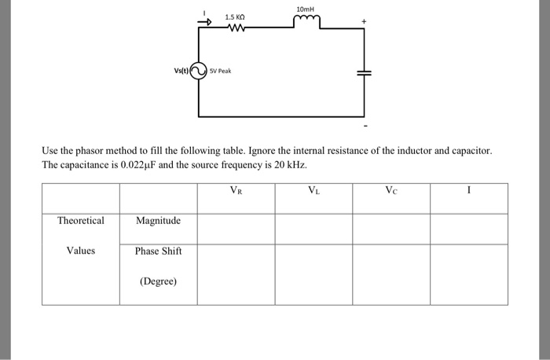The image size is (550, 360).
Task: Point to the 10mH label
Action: pyautogui.click(x=305, y=9)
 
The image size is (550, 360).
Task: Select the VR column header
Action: pyautogui.click(x=236, y=189)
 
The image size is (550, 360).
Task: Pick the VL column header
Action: pyautogui.click(x=313, y=189)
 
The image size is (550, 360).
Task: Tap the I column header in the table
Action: pyautogui.click(x=468, y=189)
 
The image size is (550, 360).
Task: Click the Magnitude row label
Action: pyautogui.click(x=158, y=221)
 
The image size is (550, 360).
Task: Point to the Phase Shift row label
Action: pyautogui.click(x=158, y=251)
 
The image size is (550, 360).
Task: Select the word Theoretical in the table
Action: pyautogui.click(x=80, y=221)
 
